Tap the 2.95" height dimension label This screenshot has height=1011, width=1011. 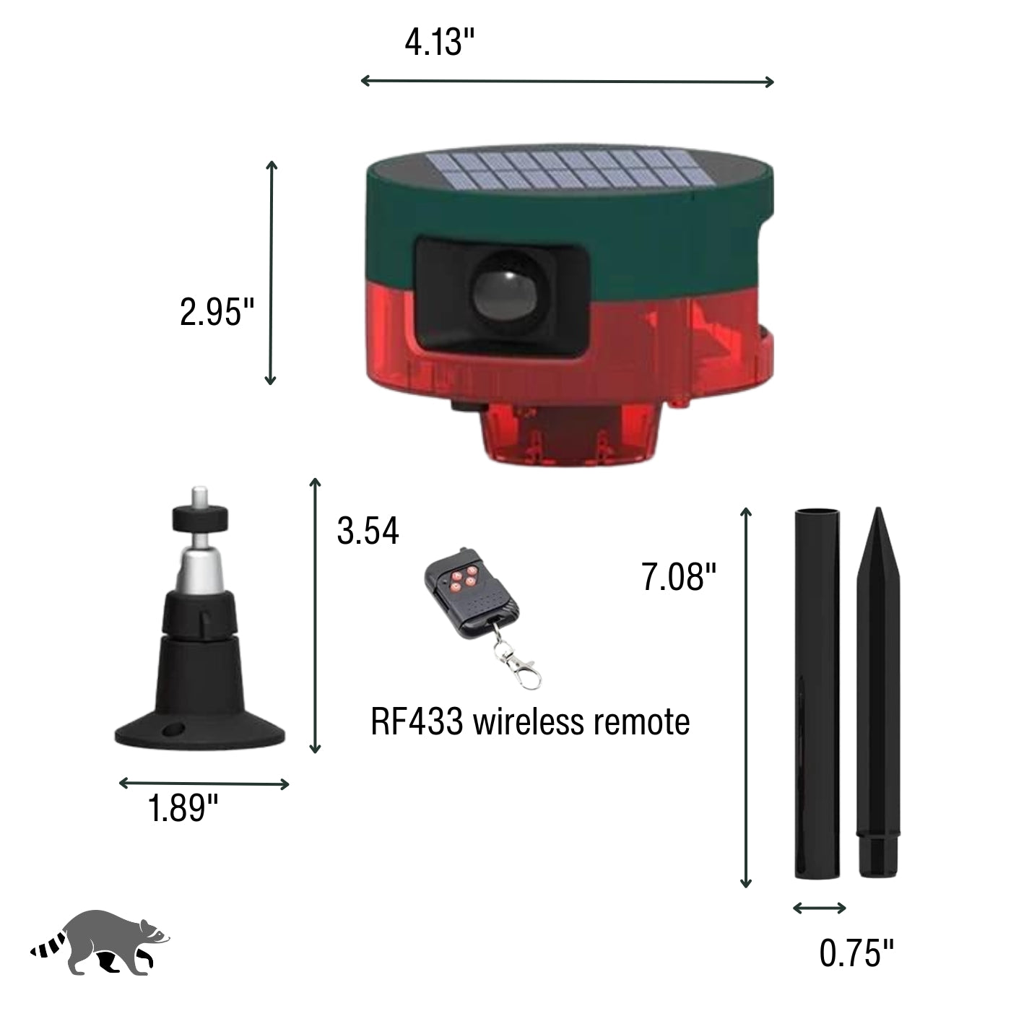217,312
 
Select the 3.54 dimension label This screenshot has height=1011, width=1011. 368,531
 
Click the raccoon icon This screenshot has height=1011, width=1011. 100,943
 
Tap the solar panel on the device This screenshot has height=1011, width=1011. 570,168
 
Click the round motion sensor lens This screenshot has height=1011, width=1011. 505,292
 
